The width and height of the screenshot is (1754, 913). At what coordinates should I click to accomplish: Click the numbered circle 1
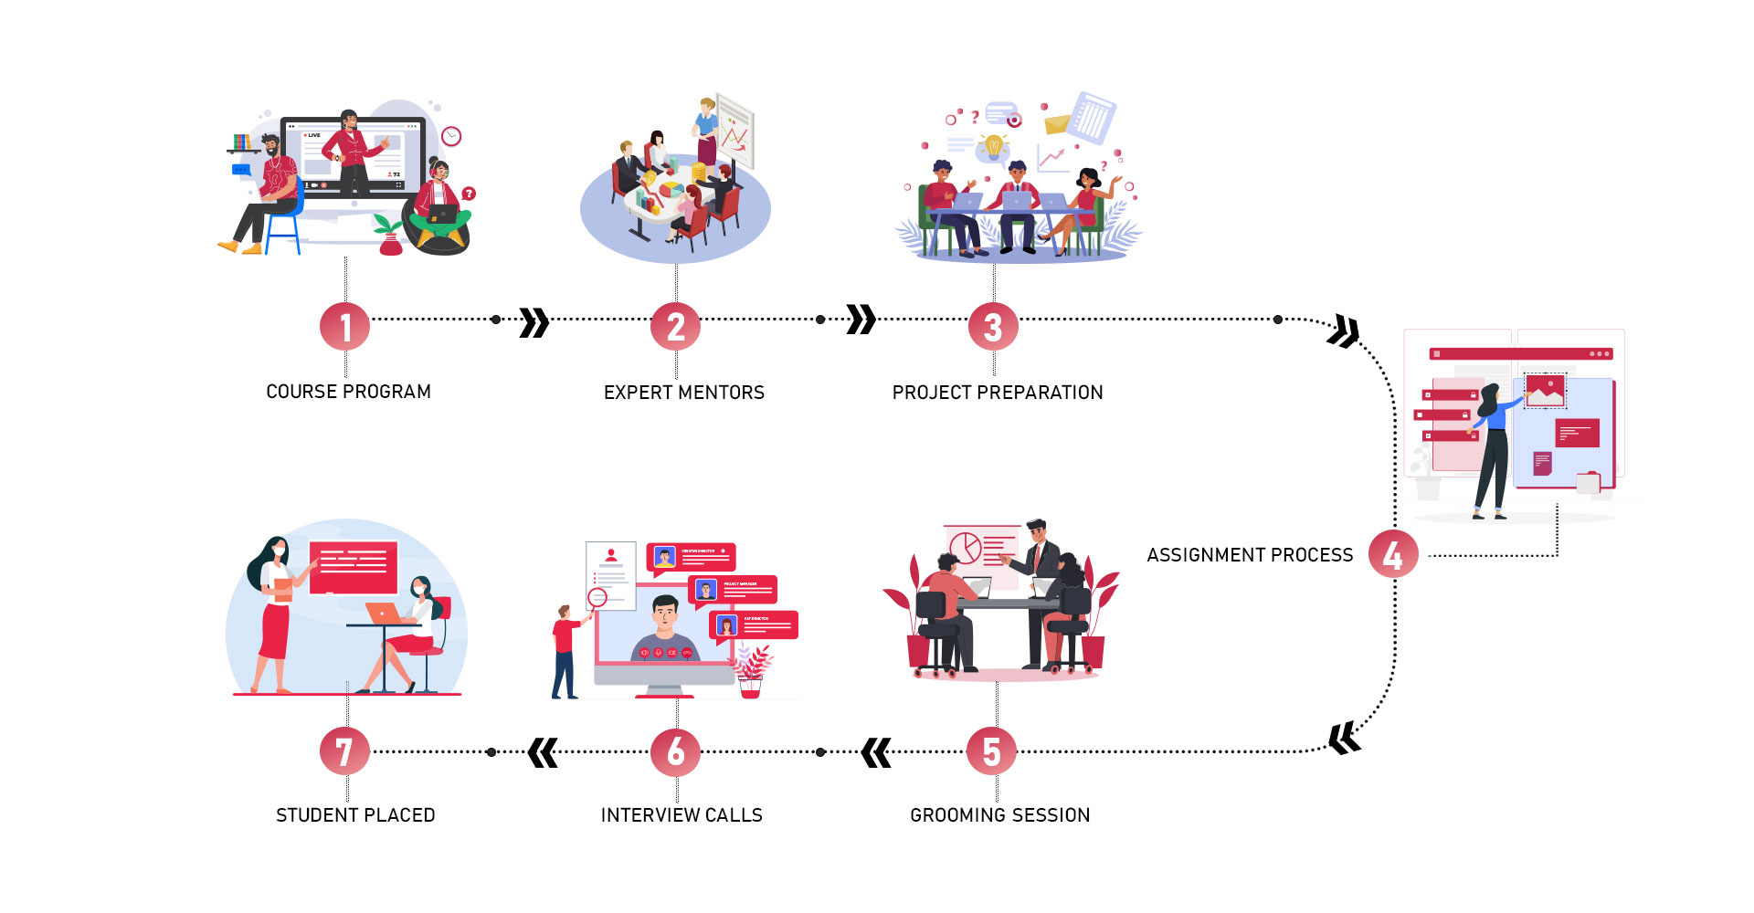345,327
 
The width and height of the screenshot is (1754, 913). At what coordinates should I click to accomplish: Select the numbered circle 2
676,327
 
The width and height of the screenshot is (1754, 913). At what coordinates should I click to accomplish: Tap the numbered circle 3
994,327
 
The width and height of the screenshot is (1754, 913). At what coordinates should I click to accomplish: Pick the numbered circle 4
1393,554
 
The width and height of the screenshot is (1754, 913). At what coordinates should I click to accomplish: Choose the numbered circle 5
992,751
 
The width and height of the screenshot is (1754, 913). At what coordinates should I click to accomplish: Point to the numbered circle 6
676,751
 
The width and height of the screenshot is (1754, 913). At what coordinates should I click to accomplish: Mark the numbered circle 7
345,751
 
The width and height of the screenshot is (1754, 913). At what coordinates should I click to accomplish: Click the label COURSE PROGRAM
349,392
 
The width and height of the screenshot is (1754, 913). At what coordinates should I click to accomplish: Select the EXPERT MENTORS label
684,393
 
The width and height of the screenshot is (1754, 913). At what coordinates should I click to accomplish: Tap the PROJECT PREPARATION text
998,393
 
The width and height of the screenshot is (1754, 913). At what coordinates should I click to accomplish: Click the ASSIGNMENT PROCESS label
1250,555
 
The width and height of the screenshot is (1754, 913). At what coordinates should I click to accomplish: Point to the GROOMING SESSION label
1000,815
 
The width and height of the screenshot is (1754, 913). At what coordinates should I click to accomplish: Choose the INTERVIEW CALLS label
682,815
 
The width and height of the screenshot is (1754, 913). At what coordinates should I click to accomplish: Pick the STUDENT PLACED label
355,815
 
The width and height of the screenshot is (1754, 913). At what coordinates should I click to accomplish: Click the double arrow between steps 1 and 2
534,322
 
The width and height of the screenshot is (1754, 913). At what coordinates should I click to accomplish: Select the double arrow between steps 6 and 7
543,752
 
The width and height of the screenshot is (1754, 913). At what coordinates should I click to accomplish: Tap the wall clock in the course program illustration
451,137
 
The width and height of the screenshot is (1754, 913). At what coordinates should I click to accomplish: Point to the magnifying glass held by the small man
597,598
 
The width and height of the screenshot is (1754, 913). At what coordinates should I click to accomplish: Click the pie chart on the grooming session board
966,548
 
